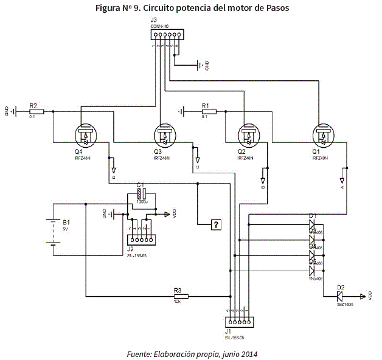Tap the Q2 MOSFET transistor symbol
[x=248, y=135]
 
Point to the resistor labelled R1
[x=207, y=111]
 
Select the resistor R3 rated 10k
[x=181, y=296]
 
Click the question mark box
[x=215, y=225]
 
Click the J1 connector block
[x=239, y=322]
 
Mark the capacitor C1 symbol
[x=141, y=195]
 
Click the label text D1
[x=313, y=216]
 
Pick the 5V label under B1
[x=66, y=229]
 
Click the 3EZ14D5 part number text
[x=345, y=303]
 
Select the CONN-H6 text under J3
[x=159, y=27]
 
